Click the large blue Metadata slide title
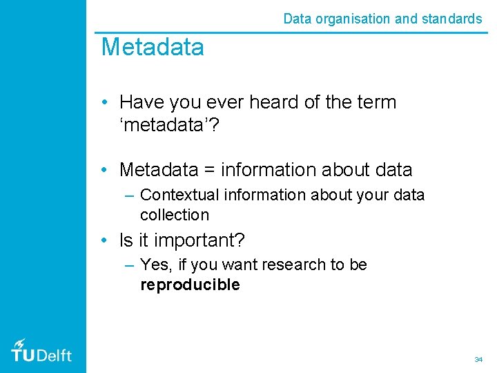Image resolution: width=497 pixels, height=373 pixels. coord(153,48)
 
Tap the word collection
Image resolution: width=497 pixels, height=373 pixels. coord(174,215)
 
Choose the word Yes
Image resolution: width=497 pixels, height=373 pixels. coord(154,265)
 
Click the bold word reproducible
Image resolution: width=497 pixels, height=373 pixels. coord(190,285)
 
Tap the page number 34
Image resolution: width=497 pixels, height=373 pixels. coord(478,359)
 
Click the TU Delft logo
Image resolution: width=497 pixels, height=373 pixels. coord(41,350)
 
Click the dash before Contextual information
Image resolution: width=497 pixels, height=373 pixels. coord(129,195)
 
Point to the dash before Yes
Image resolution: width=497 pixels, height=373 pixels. coord(129,265)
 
